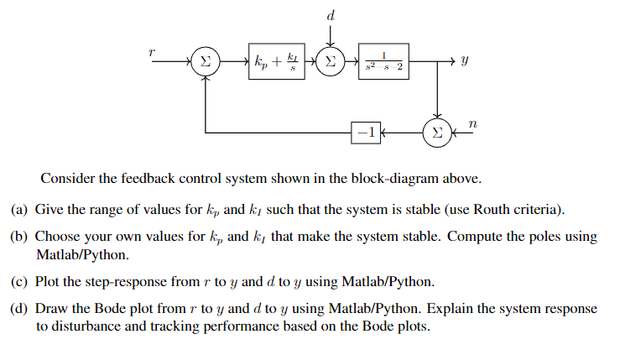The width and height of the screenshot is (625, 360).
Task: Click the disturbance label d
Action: point(331,14)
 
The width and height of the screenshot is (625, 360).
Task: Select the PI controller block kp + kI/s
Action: point(275,61)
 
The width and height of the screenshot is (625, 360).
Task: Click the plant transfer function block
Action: point(383,61)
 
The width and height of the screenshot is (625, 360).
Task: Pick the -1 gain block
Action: point(365,133)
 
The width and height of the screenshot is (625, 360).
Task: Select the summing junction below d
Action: point(331,61)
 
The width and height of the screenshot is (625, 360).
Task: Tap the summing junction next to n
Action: point(436,133)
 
